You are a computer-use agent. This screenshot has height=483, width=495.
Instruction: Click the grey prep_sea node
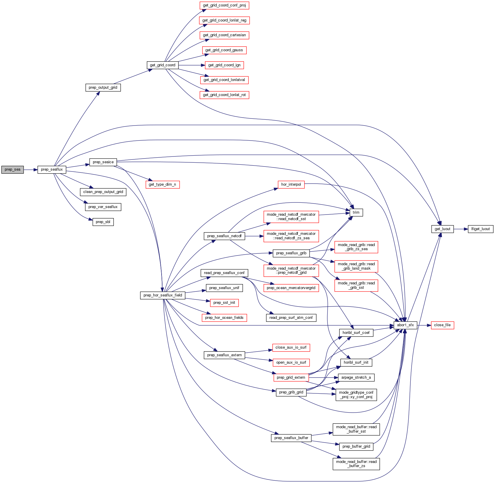coord(12,170)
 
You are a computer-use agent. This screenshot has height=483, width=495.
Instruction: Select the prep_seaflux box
coord(52,170)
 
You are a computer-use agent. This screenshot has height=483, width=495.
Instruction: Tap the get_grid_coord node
coord(162,65)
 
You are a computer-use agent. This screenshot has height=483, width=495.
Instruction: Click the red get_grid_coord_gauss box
coord(224,50)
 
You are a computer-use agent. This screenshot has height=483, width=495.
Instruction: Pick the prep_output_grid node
coord(103,88)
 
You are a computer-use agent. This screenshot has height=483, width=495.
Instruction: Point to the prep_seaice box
coord(103,162)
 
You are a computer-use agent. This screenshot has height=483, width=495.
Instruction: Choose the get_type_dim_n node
coord(162,185)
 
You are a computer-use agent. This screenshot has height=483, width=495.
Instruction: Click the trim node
coord(356,212)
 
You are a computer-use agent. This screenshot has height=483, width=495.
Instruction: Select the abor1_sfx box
coord(405,325)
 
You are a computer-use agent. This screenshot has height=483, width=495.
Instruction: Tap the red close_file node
coord(442,325)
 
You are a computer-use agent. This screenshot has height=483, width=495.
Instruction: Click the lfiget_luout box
coord(480,229)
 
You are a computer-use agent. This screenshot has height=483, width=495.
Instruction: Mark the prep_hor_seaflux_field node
coord(162,295)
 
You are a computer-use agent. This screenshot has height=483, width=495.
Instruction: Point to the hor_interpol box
coord(291,185)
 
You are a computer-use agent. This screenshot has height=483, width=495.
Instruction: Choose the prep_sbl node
coord(103,222)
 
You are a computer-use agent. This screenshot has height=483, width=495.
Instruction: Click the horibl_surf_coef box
coord(356,333)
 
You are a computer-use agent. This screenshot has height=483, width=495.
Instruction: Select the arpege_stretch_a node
coord(356,378)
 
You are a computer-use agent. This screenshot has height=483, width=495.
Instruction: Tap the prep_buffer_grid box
coord(356,446)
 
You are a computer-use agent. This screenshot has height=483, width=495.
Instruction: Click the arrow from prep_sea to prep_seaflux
coord(30,170)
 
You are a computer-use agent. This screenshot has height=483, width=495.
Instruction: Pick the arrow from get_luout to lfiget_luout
coord(461,229)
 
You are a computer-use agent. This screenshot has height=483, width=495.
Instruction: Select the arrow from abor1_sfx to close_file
coord(424,325)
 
